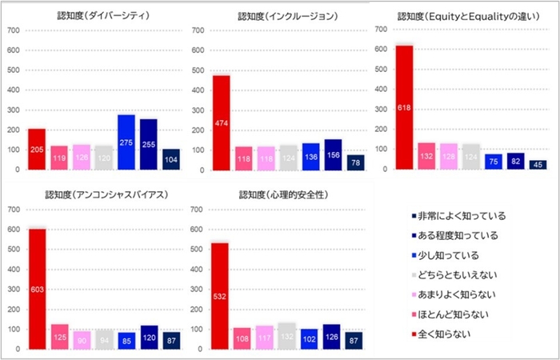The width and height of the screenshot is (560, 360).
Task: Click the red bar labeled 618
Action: [404, 107]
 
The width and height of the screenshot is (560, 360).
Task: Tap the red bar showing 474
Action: [220, 122]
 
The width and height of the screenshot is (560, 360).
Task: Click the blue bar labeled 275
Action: [126, 142]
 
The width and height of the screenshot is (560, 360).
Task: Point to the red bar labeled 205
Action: [37, 150]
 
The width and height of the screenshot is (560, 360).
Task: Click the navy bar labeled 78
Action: [354, 162]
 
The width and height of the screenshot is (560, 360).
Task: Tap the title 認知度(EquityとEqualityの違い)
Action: [463, 15]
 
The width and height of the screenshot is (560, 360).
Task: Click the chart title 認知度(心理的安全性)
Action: [281, 194]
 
